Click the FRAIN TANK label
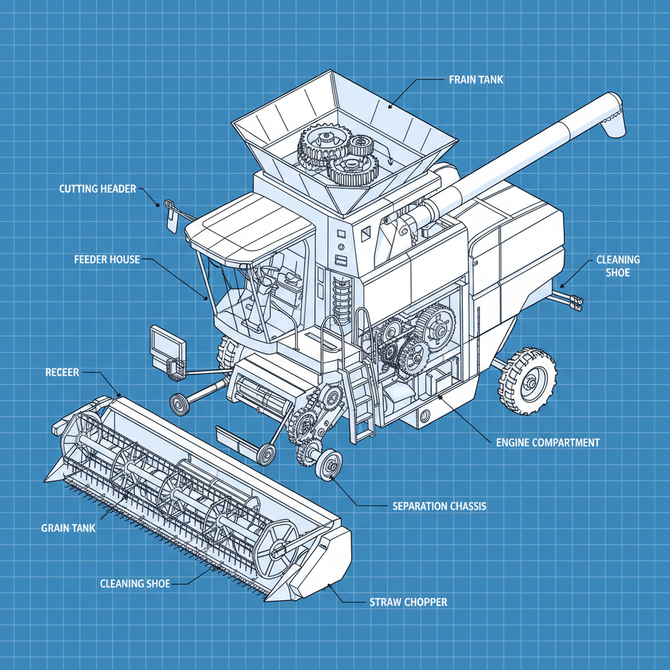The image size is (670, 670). (476, 80)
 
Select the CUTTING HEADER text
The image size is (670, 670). (97, 189)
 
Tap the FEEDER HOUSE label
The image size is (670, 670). (107, 259)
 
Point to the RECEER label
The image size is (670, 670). (62, 372)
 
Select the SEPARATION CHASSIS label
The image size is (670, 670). (439, 506)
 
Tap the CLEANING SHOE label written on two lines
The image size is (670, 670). (618, 266)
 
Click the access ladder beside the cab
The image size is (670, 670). (359, 393)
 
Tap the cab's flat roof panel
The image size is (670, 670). (249, 226)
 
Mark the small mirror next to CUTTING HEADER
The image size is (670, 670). (170, 216)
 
